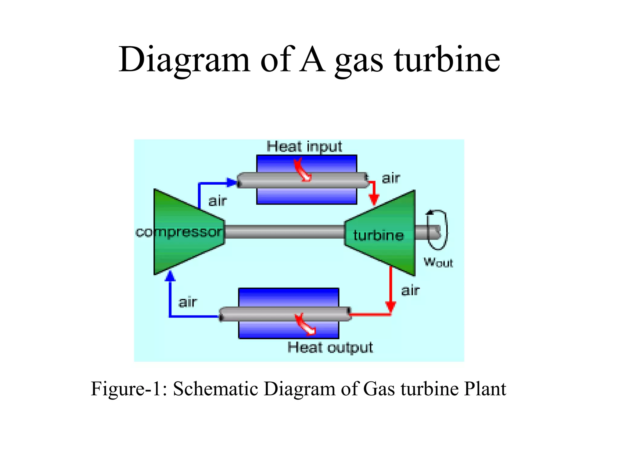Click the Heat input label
click(304, 147)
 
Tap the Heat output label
click(330, 347)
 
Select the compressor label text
click(179, 232)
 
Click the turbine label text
click(378, 236)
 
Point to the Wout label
click(438, 262)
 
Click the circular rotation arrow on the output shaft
click(438, 230)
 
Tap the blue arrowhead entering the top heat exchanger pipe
click(232, 183)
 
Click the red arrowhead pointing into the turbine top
click(374, 200)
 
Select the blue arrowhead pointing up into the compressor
click(170, 276)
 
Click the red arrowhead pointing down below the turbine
click(391, 306)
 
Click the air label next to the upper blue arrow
click(218, 201)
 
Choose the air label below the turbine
click(410, 290)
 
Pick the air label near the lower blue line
click(188, 302)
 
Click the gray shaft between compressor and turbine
click(284, 232)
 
